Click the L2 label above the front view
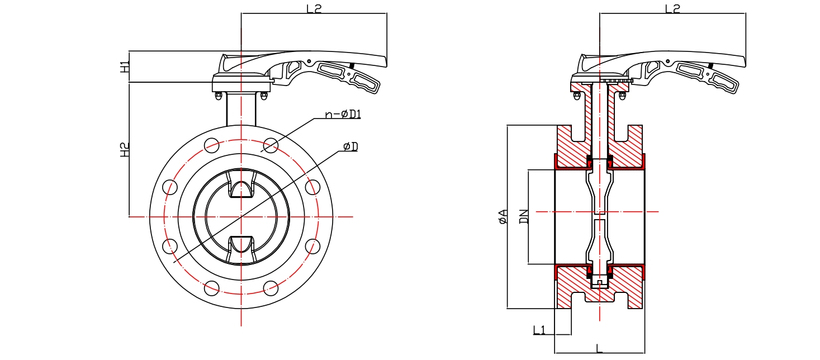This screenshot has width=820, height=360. tap(314, 8)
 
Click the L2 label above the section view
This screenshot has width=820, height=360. tap(672, 8)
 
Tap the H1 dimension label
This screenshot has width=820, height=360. tap(125, 67)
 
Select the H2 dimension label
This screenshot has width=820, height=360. tap(125, 149)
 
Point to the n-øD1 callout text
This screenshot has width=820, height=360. tap(343, 115)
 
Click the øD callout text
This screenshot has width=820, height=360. tap(350, 146)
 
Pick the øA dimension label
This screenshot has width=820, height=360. tap(503, 216)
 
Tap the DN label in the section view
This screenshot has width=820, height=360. tap(524, 216)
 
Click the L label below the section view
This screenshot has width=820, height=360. tap(599, 349)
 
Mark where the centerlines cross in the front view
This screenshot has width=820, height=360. tap(241, 216)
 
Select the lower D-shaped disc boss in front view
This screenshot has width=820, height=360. tap(241, 244)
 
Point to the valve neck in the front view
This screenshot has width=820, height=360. tap(241, 110)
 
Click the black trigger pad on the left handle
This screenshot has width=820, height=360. tap(352, 66)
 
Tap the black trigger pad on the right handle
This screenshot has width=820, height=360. tap(710, 66)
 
